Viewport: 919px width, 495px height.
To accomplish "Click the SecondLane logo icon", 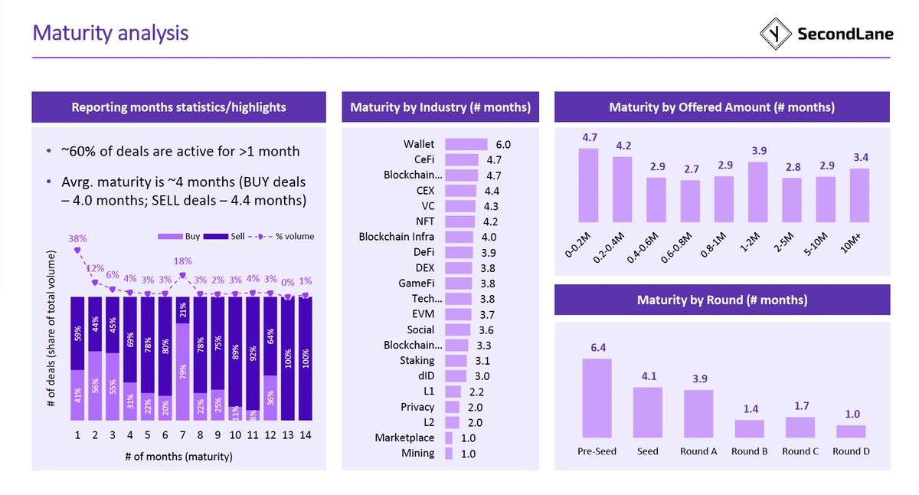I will tap(775, 34).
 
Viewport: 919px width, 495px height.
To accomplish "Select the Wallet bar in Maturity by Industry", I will tap(466, 144).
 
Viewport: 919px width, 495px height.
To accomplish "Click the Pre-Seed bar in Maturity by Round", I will tap(597, 398).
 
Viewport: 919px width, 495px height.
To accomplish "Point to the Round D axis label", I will tap(851, 451).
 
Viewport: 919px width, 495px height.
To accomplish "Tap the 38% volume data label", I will tap(77, 238).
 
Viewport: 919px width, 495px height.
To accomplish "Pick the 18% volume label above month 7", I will tap(182, 261).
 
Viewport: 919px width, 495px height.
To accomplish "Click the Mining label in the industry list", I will tap(417, 453).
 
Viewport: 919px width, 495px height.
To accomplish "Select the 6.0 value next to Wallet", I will tap(502, 144).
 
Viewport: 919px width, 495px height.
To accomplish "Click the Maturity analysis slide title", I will tap(110, 33).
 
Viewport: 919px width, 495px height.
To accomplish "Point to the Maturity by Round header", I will tap(721, 300).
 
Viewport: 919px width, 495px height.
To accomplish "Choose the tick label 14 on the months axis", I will tap(305, 436).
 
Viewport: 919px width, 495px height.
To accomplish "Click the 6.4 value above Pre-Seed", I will tap(597, 348).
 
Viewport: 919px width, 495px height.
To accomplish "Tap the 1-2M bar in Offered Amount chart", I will tap(757, 192).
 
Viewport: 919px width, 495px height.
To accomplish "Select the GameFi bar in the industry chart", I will tap(459, 284).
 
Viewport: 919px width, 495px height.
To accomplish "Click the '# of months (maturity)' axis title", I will tap(178, 457).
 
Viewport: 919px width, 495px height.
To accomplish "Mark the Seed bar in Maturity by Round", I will tap(647, 412).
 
